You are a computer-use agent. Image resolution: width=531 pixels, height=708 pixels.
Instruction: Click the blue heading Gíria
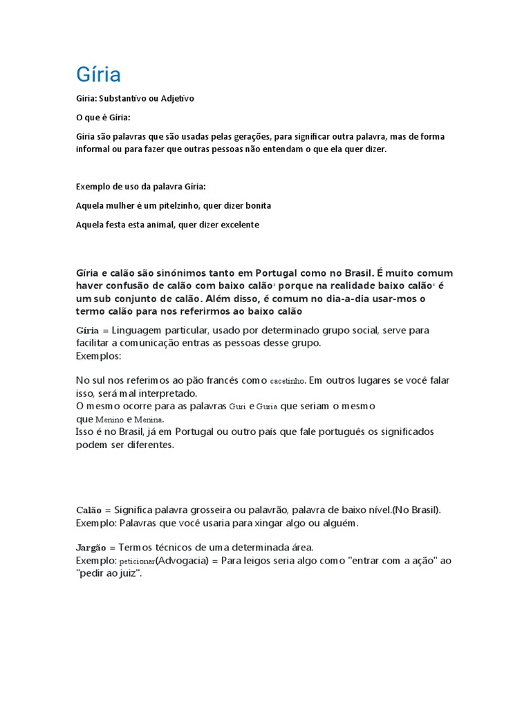(x=98, y=74)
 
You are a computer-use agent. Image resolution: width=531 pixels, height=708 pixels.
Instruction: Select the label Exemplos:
(x=98, y=355)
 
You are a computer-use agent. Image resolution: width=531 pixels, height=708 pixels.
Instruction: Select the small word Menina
(x=149, y=420)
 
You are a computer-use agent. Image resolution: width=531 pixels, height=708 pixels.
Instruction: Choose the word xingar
(x=279, y=523)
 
